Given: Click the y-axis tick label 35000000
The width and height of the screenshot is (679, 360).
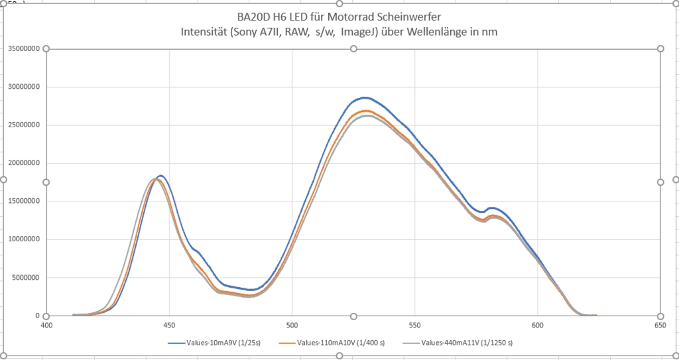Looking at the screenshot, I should [x=23, y=48].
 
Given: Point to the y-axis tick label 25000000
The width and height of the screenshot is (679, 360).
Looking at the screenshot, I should [x=23, y=125].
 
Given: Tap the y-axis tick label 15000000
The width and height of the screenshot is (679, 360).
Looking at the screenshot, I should [x=23, y=202].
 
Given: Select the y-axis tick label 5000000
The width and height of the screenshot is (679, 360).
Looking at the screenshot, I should [x=25, y=278].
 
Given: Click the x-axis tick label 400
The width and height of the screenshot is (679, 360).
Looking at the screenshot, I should [x=46, y=326].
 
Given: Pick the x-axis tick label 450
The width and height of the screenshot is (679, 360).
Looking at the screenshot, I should [x=169, y=326].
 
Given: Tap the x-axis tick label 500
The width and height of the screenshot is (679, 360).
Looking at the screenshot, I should [x=292, y=326].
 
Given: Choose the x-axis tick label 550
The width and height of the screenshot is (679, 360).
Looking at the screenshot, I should [x=414, y=326].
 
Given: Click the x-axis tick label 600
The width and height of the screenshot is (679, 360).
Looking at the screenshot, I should [x=538, y=326].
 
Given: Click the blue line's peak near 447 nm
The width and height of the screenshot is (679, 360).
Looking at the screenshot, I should [x=160, y=176].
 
